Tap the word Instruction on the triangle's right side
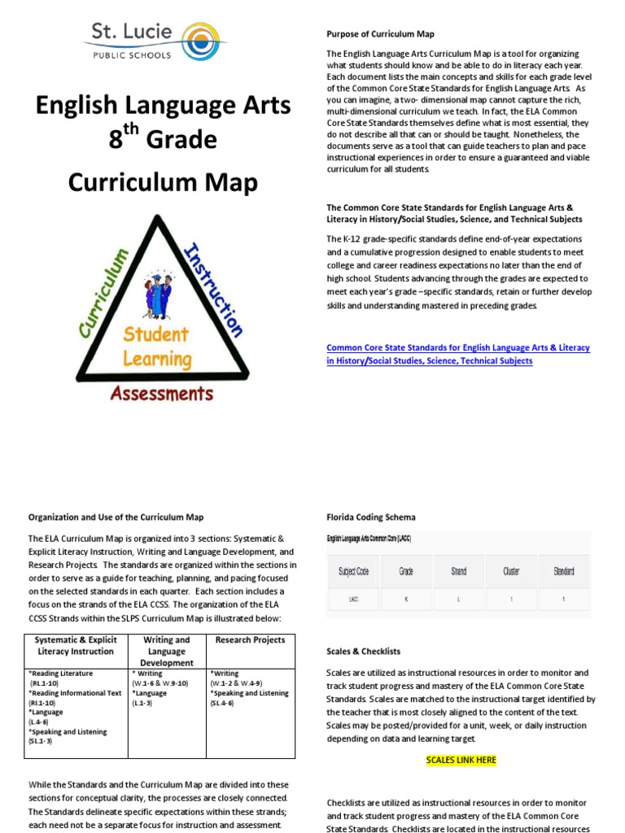(x=213, y=290)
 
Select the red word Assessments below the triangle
(x=161, y=395)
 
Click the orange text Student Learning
(x=157, y=346)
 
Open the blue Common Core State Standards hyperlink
(x=457, y=354)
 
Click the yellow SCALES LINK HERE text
(x=461, y=760)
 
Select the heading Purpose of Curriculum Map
(x=380, y=34)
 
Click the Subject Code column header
(x=353, y=571)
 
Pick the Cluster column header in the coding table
(x=511, y=571)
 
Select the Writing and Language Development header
(x=167, y=652)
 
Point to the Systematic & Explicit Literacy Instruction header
(x=76, y=646)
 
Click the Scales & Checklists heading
(x=363, y=652)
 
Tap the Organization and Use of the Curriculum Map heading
(x=116, y=517)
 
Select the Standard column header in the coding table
(x=563, y=571)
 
